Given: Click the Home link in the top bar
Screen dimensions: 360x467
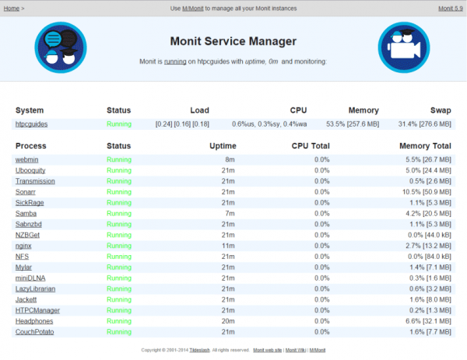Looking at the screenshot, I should tap(11, 9).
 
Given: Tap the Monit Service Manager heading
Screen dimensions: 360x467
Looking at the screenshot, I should tap(233, 41).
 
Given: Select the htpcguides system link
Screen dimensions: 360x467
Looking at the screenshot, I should tap(32, 124).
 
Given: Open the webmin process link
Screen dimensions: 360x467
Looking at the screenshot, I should tap(27, 159).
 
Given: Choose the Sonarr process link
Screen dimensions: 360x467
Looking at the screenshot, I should tap(26, 191).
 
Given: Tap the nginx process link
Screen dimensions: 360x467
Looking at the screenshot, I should tap(24, 245).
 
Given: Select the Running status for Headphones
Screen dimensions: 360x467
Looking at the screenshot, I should tap(119, 320).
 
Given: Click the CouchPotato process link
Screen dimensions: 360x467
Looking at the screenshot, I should tap(34, 331).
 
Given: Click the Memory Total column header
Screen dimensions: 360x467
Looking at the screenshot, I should tap(425, 145).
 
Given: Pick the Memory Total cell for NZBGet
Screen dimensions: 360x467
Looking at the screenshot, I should tap(427, 234).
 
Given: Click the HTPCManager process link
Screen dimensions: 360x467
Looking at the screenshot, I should tap(37, 309).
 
